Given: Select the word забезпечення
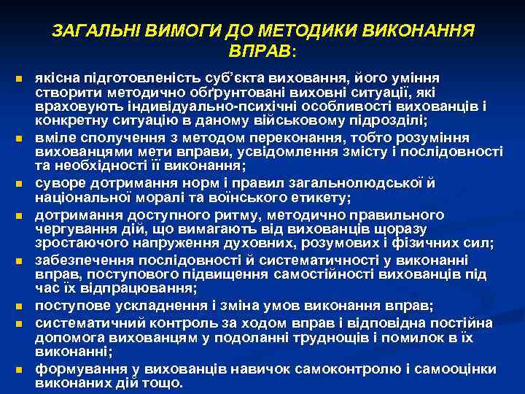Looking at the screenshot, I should pyautogui.click(x=82, y=261).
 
